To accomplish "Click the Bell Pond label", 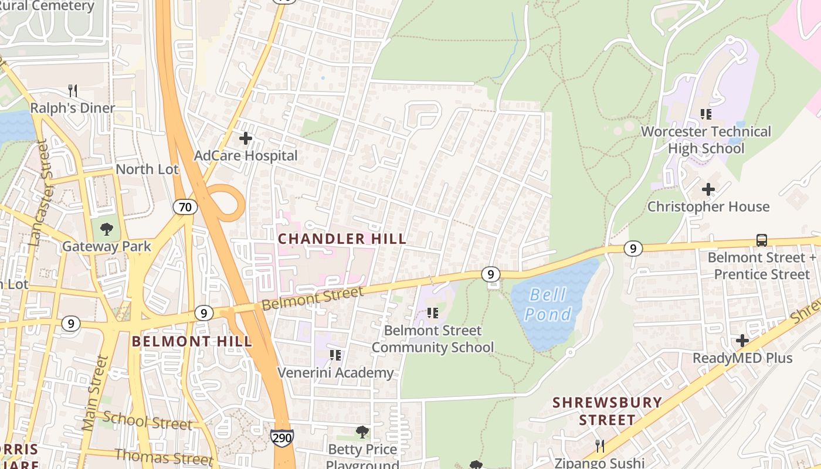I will click(x=548, y=304).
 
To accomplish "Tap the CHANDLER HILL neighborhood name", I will click(x=342, y=239).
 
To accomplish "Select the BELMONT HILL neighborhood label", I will click(x=192, y=341).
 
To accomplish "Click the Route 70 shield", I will click(x=185, y=207).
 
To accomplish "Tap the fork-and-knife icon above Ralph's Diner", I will click(x=73, y=91).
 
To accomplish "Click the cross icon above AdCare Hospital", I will click(x=246, y=139).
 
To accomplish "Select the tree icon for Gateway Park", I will click(x=106, y=229).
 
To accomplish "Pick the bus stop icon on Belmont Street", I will click(x=761, y=240).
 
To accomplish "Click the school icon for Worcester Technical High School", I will click(x=705, y=114).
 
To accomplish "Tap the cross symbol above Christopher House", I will click(x=708, y=189).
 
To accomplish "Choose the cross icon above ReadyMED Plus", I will click(x=742, y=341).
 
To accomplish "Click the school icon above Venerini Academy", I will click(x=335, y=355).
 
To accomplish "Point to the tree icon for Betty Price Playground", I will click(x=362, y=432).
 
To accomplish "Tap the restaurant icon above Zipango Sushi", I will click(x=599, y=446).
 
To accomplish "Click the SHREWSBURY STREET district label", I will click(x=608, y=411).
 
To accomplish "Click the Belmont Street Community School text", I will click(x=433, y=339).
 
